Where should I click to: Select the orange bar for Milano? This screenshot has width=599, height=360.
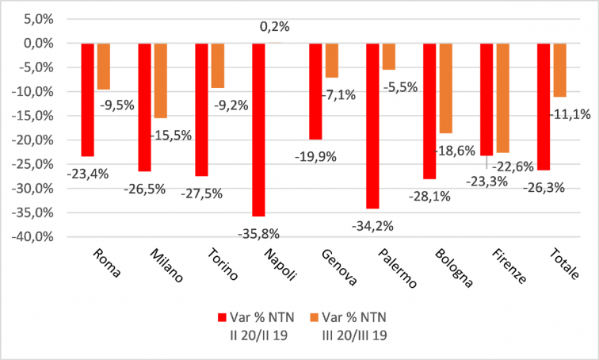click(x=161, y=80)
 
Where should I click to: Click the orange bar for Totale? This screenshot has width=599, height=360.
click(x=559, y=70)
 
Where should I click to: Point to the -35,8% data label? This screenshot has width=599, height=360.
click(x=261, y=232)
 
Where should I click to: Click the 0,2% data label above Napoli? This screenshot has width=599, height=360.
click(x=275, y=26)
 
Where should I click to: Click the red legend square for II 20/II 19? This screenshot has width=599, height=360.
click(x=223, y=318)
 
